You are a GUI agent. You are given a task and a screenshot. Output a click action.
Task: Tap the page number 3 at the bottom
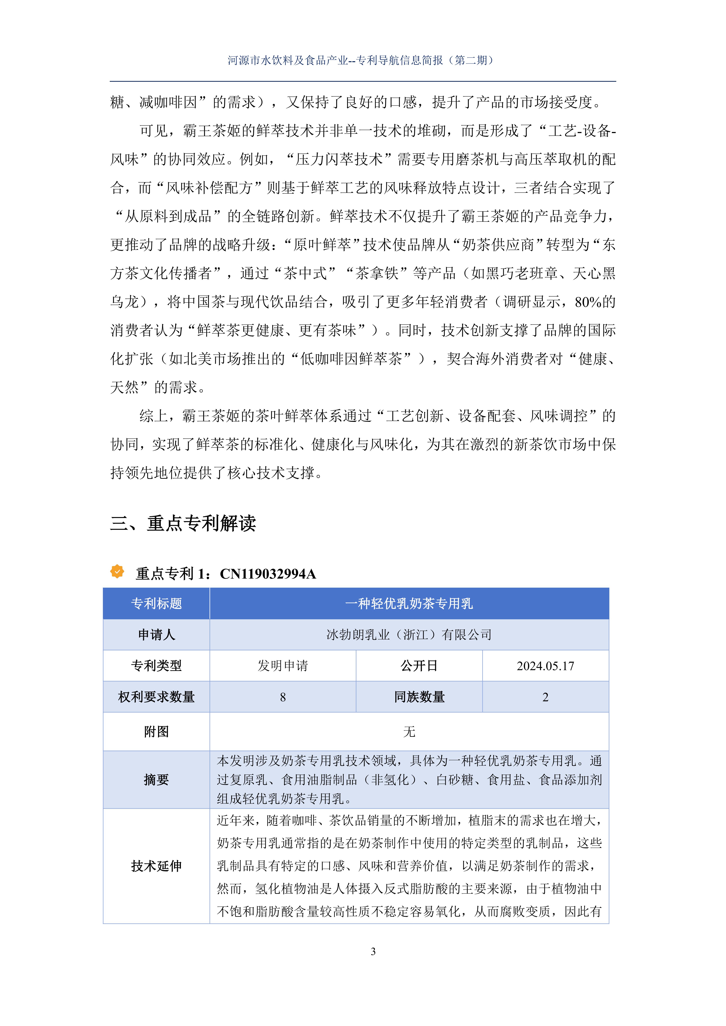coord(373,951)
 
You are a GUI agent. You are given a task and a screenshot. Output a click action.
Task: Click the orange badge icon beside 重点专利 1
coord(117,572)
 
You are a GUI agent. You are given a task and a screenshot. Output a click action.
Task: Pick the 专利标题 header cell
coord(156,604)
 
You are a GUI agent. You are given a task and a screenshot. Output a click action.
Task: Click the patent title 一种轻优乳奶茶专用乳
coord(409,604)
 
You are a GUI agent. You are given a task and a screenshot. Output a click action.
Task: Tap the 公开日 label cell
coord(419,666)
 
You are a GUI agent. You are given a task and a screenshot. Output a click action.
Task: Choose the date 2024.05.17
coord(545,666)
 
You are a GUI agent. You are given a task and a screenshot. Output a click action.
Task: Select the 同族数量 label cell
coord(419,697)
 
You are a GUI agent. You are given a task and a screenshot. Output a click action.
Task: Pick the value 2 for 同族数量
coord(545,697)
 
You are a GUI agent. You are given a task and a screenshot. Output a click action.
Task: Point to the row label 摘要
coord(156,780)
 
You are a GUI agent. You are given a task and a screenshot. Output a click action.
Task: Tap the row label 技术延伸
coord(156,866)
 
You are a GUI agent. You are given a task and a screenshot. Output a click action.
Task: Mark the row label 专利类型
coord(156,666)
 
